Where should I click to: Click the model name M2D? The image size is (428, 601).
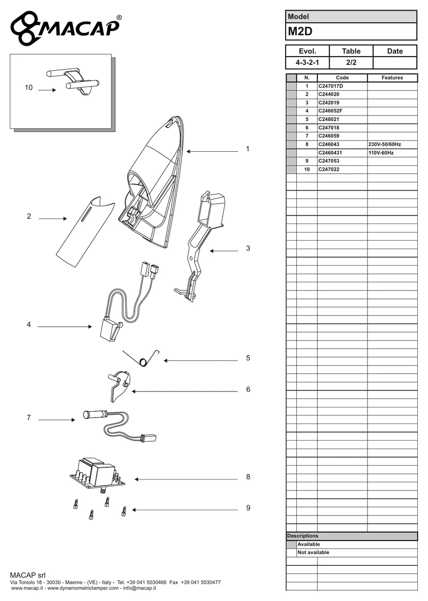click(x=300, y=32)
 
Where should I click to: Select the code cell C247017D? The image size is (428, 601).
click(x=331, y=86)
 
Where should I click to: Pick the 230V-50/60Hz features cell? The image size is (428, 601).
click(x=385, y=144)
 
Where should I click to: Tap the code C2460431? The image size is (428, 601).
click(x=330, y=152)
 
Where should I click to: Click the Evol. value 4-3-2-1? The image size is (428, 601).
click(x=307, y=63)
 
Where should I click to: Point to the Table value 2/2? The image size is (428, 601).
click(x=351, y=63)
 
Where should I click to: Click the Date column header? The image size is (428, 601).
click(x=395, y=51)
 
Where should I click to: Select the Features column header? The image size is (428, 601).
click(x=392, y=78)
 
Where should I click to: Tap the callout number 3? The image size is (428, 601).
click(x=248, y=249)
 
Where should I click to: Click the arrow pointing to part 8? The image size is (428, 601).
click(x=186, y=479)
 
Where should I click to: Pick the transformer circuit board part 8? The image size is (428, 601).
click(x=98, y=476)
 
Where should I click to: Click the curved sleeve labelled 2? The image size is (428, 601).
click(x=85, y=232)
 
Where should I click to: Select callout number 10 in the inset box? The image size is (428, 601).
click(x=29, y=88)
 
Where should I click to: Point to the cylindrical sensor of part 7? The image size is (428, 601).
click(x=95, y=414)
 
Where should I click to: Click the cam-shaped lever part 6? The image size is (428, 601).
click(x=119, y=386)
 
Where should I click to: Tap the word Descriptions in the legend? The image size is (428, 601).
click(x=303, y=536)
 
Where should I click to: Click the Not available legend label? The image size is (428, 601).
click(x=314, y=552)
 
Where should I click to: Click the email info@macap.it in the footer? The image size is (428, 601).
click(x=139, y=588)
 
